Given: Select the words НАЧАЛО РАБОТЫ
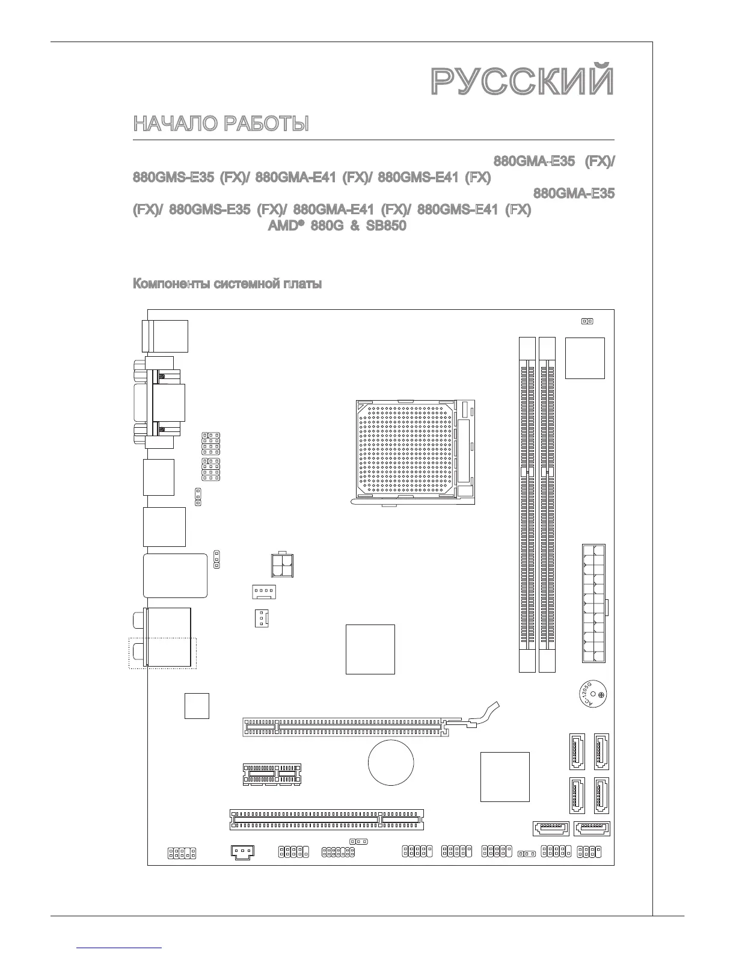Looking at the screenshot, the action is (x=221, y=124).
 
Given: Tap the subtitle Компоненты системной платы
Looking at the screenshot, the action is (x=227, y=284).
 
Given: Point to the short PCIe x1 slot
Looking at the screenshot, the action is (x=272, y=774).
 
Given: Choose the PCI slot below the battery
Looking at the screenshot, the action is (x=327, y=819).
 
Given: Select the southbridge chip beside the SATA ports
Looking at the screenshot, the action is (x=505, y=776).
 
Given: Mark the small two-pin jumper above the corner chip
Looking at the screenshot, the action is (x=587, y=321).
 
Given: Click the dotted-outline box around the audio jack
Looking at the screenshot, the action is (x=163, y=653).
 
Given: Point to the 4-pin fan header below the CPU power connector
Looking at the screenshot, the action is (x=263, y=592).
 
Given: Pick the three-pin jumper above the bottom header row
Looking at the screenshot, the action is (x=358, y=842).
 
